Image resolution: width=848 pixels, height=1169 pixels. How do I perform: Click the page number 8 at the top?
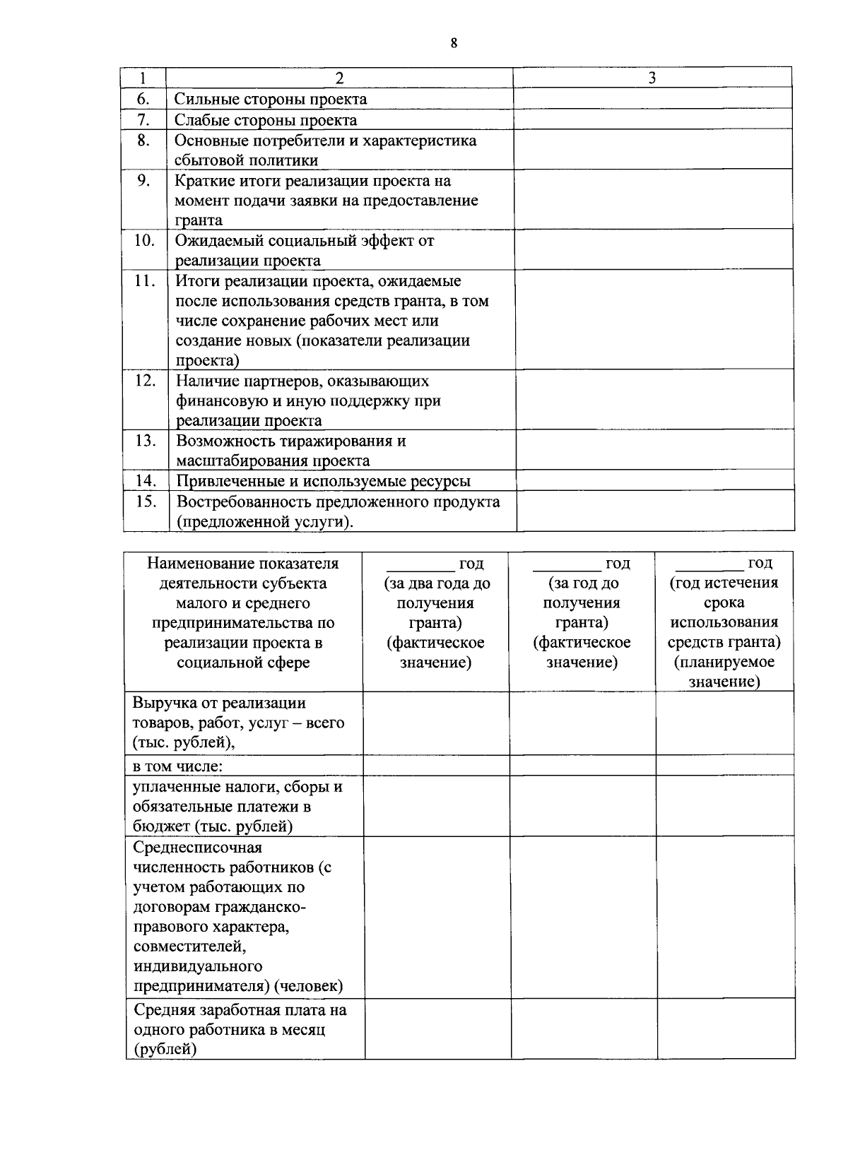point(454,44)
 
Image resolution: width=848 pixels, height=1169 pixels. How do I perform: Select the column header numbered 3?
point(652,78)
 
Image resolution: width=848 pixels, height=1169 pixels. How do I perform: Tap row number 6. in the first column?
point(143,99)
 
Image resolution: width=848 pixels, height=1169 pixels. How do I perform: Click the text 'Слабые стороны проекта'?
point(266,119)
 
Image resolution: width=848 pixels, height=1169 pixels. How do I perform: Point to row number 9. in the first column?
point(143,181)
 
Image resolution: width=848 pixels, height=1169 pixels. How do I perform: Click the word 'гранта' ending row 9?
point(199,220)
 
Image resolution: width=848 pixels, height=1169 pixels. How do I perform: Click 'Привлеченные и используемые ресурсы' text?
point(323,482)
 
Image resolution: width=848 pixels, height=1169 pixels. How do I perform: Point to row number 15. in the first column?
point(145,502)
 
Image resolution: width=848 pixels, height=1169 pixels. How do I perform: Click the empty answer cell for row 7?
point(652,119)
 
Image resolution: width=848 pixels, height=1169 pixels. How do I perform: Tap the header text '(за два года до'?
point(437,583)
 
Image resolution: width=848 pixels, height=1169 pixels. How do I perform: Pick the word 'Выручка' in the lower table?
point(162,704)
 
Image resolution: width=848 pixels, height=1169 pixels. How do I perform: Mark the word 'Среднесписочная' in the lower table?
point(197,848)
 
